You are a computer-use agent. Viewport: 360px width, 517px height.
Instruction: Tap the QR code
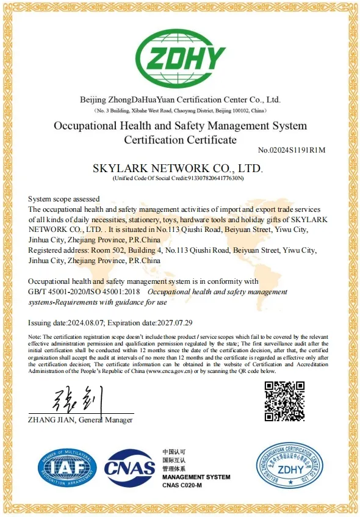coord(284,401)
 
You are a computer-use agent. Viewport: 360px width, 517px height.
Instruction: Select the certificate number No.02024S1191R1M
coord(292,150)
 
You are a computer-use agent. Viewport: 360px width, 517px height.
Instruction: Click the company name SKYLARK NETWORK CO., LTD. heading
coord(177,167)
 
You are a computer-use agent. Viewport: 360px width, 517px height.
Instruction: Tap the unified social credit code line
coord(178,178)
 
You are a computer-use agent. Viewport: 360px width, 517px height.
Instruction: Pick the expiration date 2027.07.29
coord(171,322)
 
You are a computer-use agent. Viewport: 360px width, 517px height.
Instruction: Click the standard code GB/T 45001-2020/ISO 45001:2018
coord(85,292)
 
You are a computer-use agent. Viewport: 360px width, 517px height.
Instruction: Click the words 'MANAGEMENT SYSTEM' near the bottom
coord(196,477)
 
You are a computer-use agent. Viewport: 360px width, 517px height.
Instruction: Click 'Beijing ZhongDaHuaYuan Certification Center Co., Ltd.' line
coord(180,99)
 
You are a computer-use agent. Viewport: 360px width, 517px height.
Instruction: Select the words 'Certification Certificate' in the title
coord(180,140)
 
